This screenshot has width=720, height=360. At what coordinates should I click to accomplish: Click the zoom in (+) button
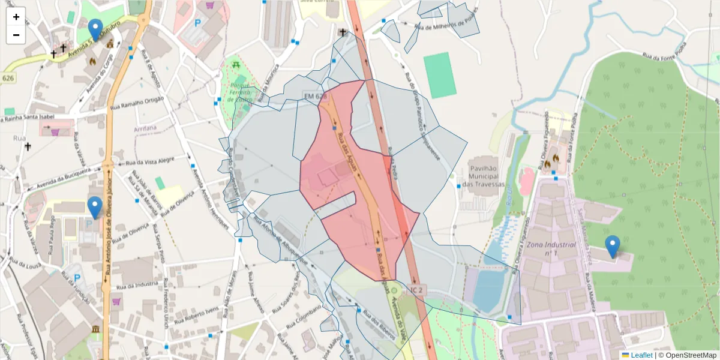[x=16, y=17]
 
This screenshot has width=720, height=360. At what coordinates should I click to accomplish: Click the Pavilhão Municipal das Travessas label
[x=483, y=173]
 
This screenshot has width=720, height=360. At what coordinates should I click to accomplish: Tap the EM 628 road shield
[x=315, y=96]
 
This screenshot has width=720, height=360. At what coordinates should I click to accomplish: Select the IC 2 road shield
[x=418, y=290]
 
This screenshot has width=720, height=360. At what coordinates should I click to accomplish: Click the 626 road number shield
[x=8, y=78]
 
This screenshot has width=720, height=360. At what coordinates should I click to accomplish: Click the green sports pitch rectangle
[x=439, y=75]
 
